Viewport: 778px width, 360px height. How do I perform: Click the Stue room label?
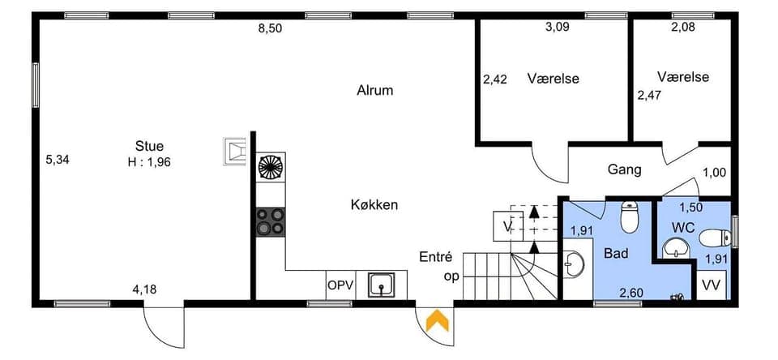coord(149,147)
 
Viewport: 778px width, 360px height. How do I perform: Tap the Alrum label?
coord(374,90)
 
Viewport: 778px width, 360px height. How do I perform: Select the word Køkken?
coord(374,204)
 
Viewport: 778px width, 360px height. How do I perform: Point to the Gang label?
coord(624,169)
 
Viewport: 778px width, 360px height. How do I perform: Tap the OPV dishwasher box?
coord(340,285)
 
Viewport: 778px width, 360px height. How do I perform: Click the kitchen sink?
coord(381,285)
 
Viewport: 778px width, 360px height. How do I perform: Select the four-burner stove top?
coord(271,221)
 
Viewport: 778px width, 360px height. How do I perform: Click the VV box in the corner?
coord(712,285)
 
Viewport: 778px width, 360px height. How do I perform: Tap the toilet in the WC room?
coord(715,238)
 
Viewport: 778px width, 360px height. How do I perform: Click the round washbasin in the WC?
coord(674,248)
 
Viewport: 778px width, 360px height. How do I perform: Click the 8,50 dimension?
coord(270,28)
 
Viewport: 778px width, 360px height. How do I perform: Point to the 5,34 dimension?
coord(57,160)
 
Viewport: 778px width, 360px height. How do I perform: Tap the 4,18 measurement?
coord(145,289)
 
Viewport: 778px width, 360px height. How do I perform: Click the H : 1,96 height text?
coord(149,162)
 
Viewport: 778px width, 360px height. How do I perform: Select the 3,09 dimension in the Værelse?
coord(558,27)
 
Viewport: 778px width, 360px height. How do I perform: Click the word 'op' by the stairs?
coord(452,276)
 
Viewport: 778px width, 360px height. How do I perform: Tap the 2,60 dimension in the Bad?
coord(632,293)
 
